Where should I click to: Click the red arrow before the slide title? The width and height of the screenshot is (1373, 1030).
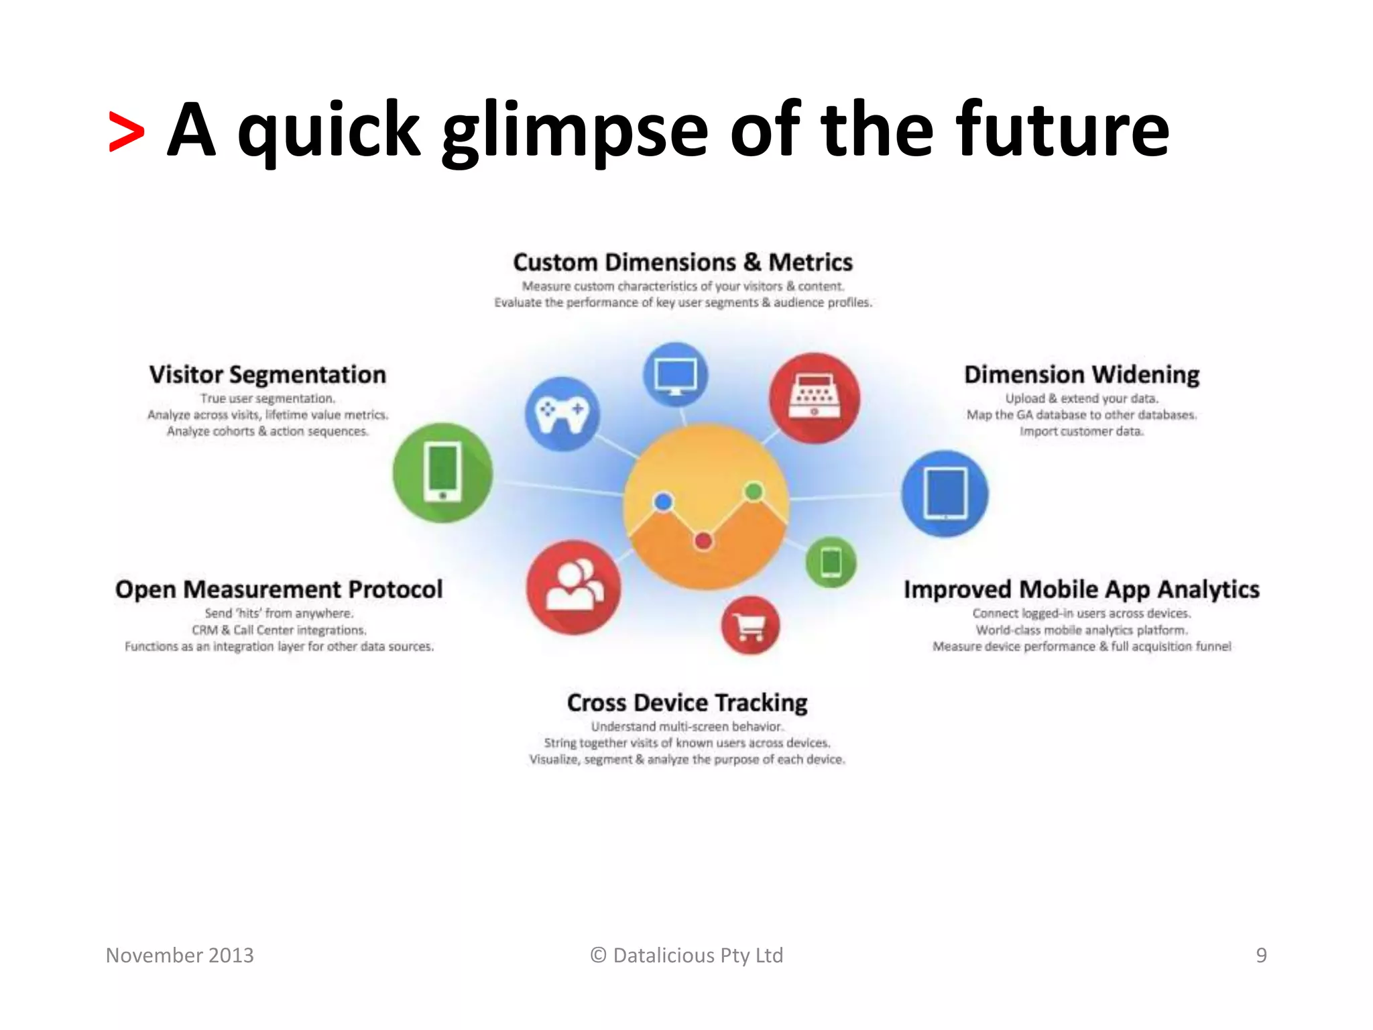point(126,132)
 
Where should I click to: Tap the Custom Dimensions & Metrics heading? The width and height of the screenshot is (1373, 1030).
point(682,262)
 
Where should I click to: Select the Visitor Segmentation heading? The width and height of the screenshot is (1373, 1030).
point(267,374)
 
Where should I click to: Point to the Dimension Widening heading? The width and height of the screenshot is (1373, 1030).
point(1081,374)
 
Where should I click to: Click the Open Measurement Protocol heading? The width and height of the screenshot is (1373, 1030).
point(279,589)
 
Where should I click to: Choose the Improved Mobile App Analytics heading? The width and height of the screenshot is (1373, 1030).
point(1081,589)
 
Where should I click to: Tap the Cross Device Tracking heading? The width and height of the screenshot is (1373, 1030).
point(687,703)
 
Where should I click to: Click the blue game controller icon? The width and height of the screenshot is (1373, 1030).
point(562,413)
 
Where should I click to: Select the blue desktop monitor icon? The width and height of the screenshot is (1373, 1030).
point(675,375)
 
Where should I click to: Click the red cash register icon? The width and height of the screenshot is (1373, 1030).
point(814,398)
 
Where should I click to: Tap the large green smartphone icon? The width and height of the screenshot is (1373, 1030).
point(442,473)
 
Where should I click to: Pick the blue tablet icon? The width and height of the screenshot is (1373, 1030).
point(945,494)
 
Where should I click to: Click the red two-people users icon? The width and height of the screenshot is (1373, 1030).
point(573,587)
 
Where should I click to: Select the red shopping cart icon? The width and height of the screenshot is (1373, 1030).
point(750,626)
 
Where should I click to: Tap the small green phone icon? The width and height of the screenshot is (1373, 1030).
point(831,562)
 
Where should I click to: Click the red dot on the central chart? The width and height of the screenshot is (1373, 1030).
point(703,540)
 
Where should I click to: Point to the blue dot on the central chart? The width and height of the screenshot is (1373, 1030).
point(663,502)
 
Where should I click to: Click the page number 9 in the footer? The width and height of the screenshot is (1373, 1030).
point(1261,955)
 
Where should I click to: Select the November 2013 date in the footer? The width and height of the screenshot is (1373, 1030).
point(180,955)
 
